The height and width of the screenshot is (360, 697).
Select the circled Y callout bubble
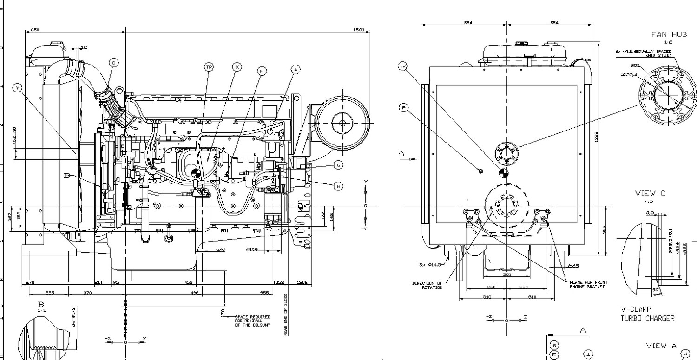[18, 87]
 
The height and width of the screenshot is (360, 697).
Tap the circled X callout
[237, 67]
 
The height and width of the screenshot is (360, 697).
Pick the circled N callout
[262, 71]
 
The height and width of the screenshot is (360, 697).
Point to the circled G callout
[339, 165]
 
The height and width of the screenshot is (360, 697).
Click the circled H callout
[339, 186]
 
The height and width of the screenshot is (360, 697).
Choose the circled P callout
[403, 108]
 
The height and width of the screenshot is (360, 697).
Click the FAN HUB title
[669, 34]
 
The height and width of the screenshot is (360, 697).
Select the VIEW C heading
[650, 193]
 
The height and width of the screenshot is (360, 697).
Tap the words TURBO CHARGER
[647, 318]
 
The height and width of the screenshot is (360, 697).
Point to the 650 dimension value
[35, 30]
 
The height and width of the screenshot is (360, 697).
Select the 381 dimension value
[507, 275]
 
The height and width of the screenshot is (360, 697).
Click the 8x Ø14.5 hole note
[428, 265]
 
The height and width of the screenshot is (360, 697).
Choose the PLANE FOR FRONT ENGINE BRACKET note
[588, 284]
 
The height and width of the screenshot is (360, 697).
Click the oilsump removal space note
[252, 321]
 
